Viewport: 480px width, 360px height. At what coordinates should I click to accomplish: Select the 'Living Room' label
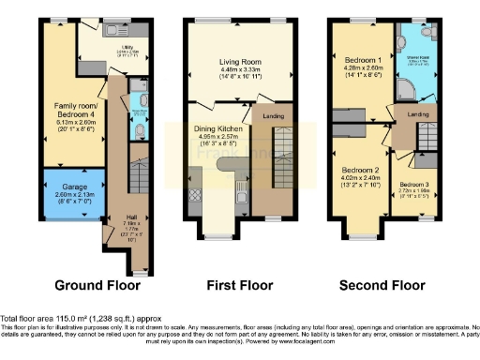pyautogui.click(x=232, y=63)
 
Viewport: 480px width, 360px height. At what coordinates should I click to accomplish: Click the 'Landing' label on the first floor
pyautogui.click(x=275, y=115)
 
